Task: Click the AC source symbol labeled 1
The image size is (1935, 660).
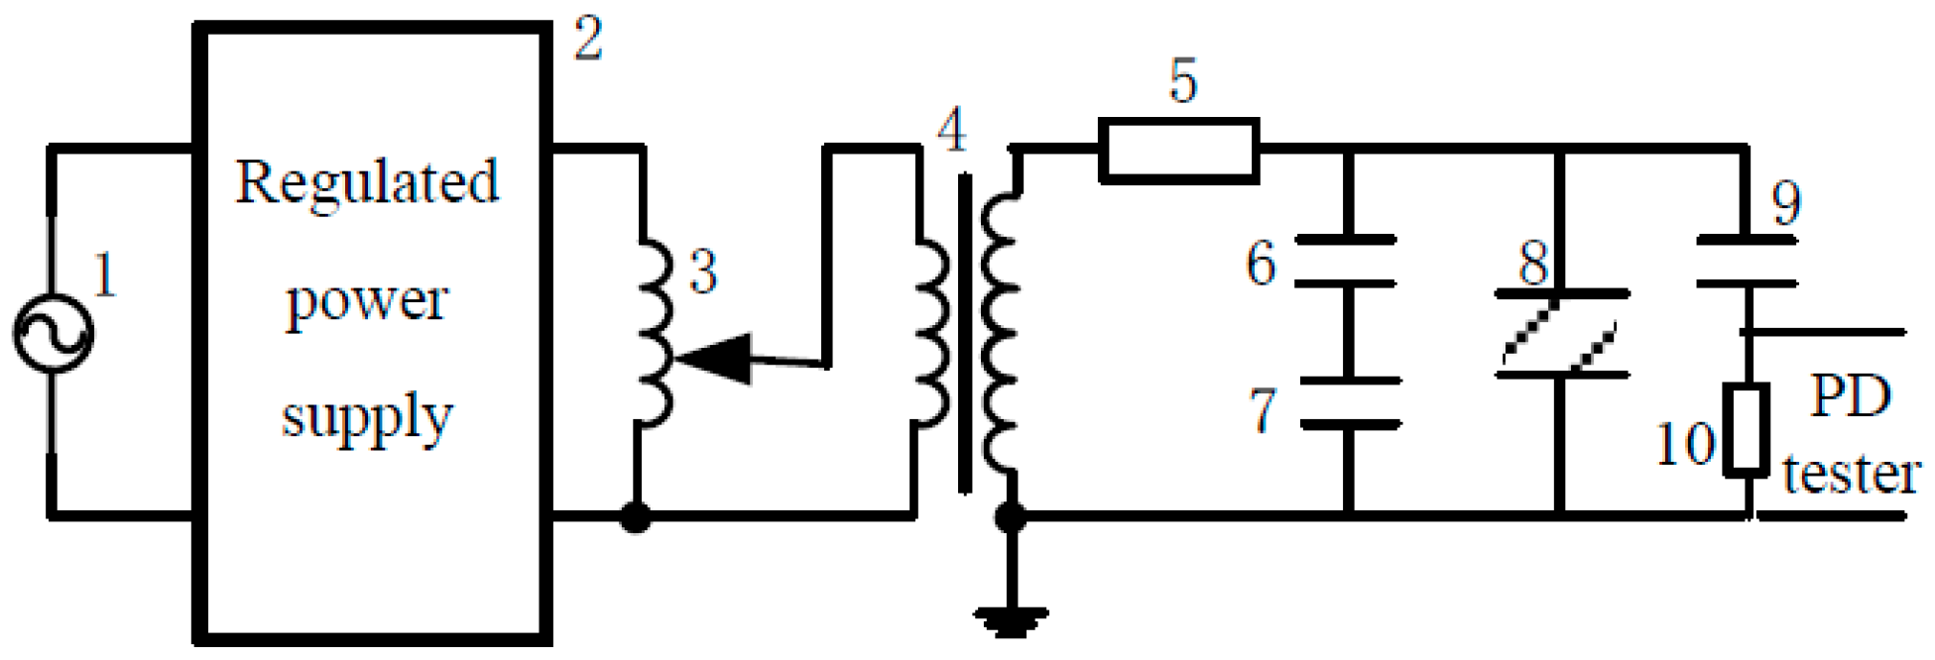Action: coord(53,334)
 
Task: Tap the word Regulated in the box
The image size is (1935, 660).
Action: coord(367,183)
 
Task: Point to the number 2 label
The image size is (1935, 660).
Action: coord(588,42)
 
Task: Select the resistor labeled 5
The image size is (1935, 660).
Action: coord(1179,151)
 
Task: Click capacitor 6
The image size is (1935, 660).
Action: coord(1346,262)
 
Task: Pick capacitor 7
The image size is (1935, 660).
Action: coord(1349,402)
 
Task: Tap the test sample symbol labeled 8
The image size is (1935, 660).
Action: coord(1561,334)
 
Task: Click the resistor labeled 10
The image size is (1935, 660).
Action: coord(1746,428)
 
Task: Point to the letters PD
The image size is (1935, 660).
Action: coord(1850,395)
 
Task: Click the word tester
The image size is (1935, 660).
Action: coord(1850,474)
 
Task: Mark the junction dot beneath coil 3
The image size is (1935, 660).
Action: coord(636,516)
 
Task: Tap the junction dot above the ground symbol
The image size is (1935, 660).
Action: coord(1010,516)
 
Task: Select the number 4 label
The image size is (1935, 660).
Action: coord(951,130)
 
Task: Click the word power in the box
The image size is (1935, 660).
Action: coord(367,301)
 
